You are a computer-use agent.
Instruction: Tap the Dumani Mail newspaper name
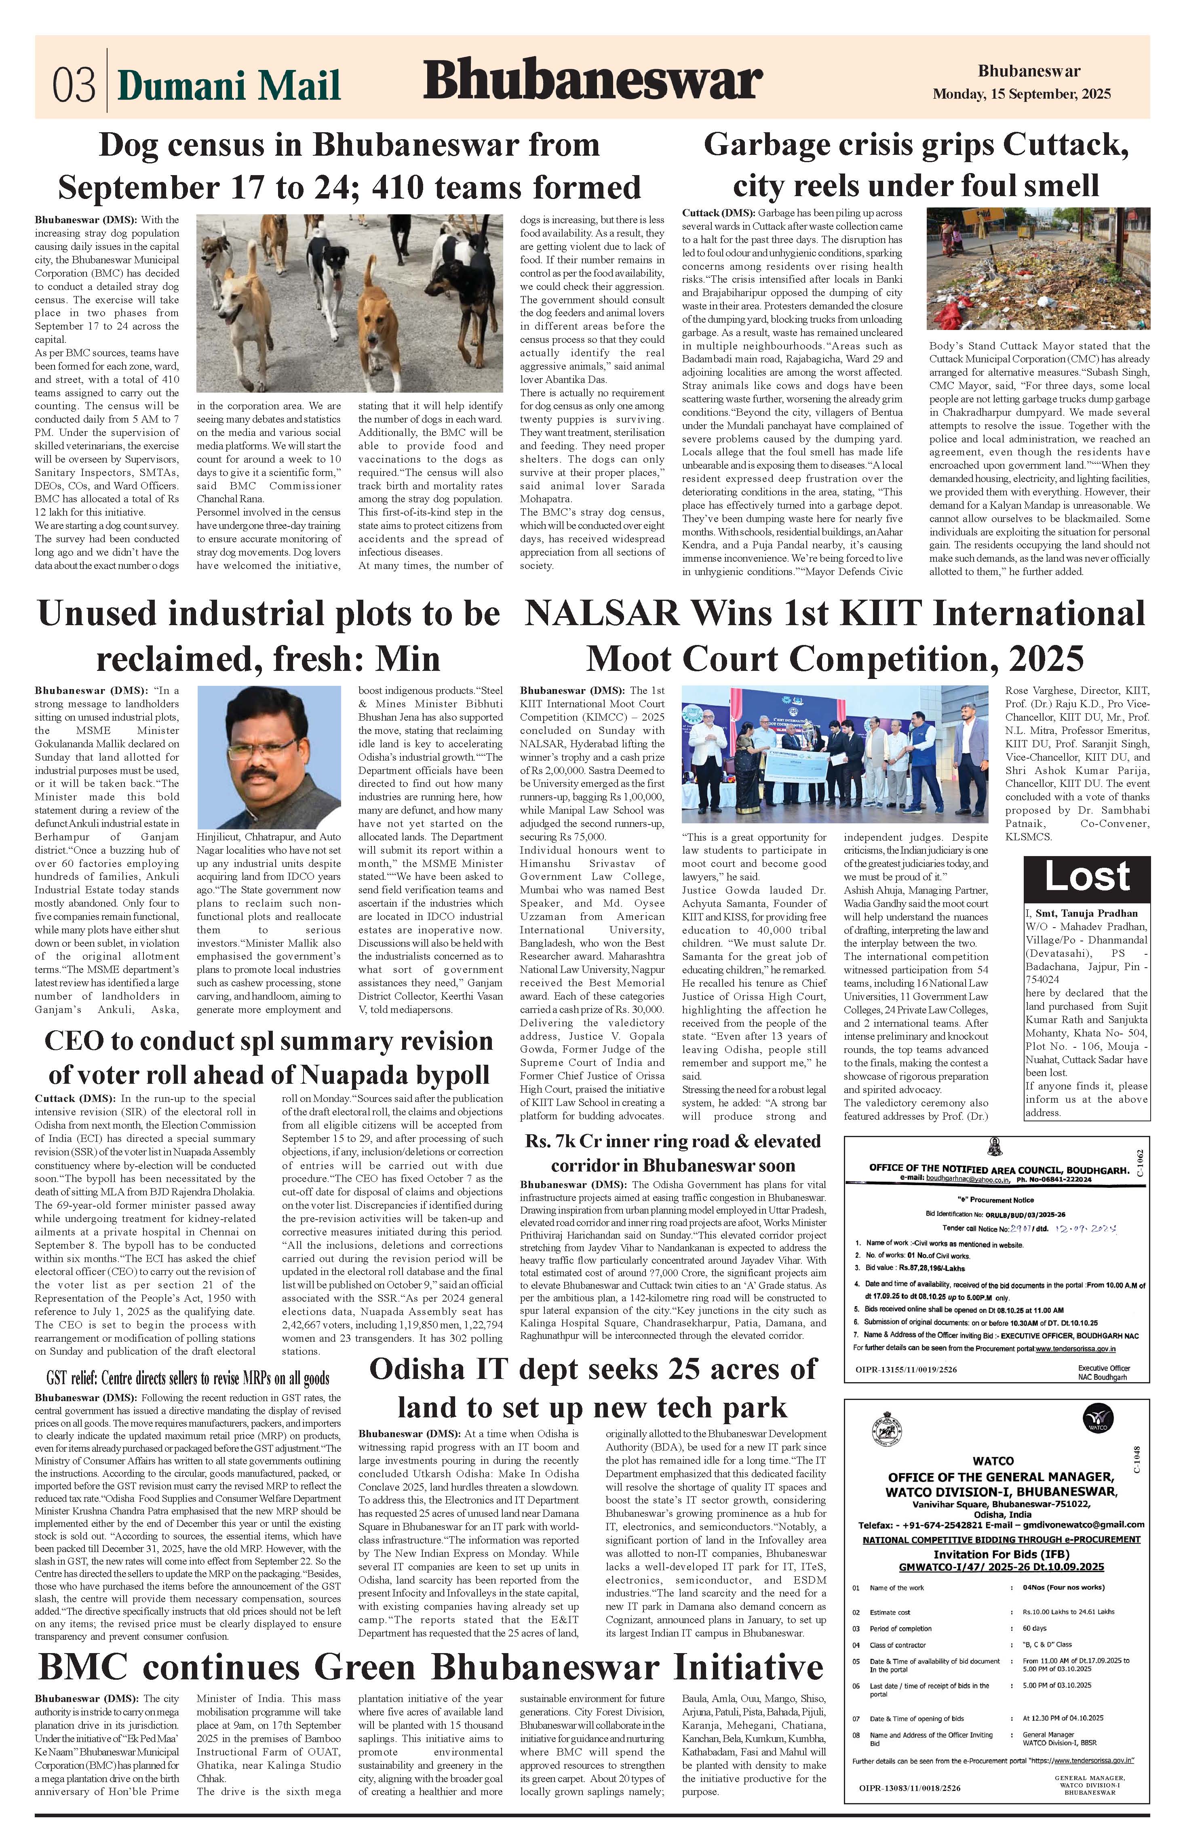pos(229,85)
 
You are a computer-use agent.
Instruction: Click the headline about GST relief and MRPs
pos(188,1378)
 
